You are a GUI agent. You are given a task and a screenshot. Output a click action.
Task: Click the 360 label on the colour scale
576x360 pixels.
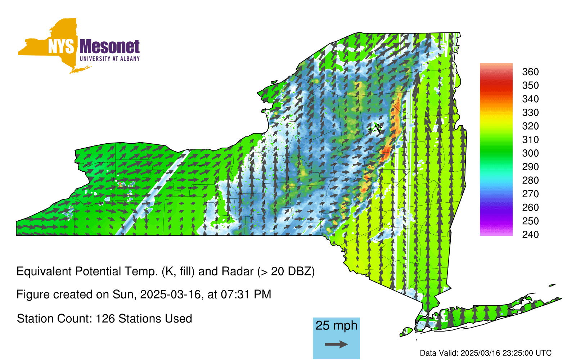[x=530, y=72]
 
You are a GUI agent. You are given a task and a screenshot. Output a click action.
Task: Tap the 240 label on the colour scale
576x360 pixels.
[x=530, y=234]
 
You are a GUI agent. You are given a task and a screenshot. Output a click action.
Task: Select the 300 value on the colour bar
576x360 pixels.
[x=530, y=153]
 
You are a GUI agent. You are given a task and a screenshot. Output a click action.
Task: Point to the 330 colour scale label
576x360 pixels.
[x=530, y=112]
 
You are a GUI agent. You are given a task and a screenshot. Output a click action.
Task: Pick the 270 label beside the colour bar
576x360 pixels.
[x=530, y=194]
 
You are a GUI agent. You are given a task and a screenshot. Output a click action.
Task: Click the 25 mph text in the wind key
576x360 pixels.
[x=336, y=326]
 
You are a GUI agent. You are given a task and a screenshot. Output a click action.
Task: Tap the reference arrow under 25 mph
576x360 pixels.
[x=336, y=344]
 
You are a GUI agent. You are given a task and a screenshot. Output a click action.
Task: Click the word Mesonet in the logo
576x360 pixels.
[x=110, y=47]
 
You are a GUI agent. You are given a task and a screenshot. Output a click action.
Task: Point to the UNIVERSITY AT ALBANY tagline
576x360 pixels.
[x=110, y=59]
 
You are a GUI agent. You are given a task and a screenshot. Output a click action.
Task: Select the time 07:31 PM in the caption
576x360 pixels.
[x=246, y=294]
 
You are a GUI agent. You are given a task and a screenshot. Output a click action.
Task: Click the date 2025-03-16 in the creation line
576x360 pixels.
[x=170, y=294]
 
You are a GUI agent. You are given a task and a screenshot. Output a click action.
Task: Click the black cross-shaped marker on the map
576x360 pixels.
[x=377, y=128]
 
